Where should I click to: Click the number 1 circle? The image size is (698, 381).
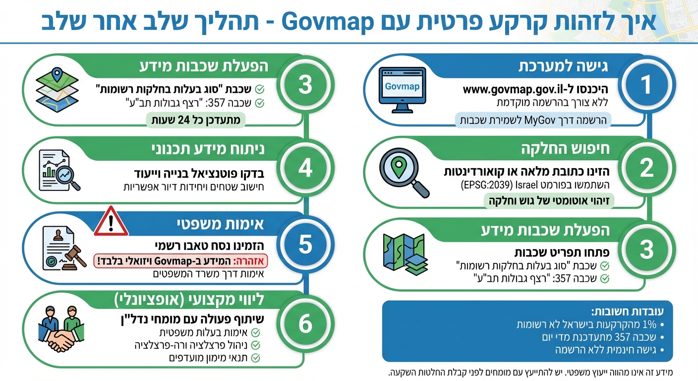[x=646, y=85]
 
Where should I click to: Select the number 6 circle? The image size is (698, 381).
[x=305, y=324]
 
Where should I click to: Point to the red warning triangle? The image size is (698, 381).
[x=111, y=221]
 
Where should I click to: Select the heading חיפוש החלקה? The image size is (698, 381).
[x=565, y=149]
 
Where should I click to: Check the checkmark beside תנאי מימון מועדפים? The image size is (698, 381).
[x=256, y=358]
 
